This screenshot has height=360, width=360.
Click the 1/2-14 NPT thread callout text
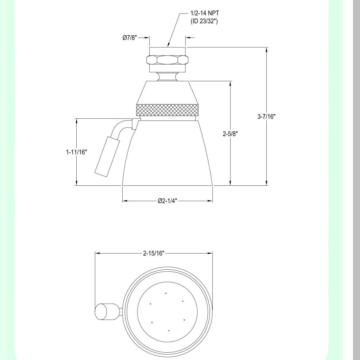coord(204,13)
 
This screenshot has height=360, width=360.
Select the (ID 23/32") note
coord(204,21)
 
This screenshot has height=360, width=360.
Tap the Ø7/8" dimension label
coord(130,38)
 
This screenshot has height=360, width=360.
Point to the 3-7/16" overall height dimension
coord(266,116)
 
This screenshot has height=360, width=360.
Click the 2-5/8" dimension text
coord(230,134)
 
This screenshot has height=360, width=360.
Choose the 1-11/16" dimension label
coord(76,152)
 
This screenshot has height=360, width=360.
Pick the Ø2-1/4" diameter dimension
coord(167,201)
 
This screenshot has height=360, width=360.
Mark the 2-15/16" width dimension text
coord(154,253)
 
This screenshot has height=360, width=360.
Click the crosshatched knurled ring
coord(168,110)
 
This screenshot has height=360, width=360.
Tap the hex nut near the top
coord(167,60)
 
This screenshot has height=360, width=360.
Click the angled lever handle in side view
coord(107,156)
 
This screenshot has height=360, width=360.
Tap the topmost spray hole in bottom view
coord(166,293)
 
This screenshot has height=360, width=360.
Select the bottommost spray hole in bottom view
coord(169,330)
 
